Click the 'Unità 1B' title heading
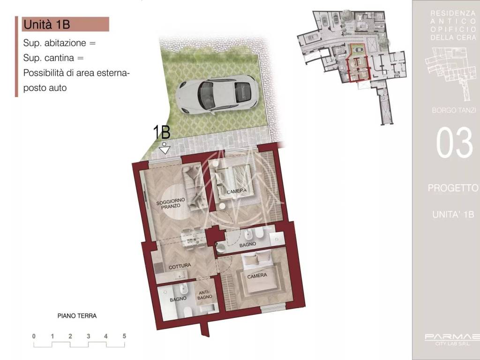[x=47, y=24]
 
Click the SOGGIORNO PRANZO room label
[x=171, y=203]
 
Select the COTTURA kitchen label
[x=180, y=266]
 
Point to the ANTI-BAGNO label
[x=204, y=295]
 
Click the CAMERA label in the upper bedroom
[x=237, y=191]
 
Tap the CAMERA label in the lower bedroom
[x=257, y=276]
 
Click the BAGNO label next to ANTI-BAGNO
[x=178, y=299]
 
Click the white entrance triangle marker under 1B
[x=165, y=150]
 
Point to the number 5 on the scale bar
[x=124, y=336]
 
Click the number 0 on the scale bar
[x=34, y=336]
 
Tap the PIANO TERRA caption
[x=77, y=316]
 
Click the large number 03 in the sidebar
[x=454, y=142]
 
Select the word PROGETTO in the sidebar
[x=453, y=187]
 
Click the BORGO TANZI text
[x=454, y=110]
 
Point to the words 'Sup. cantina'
[x=49, y=58]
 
